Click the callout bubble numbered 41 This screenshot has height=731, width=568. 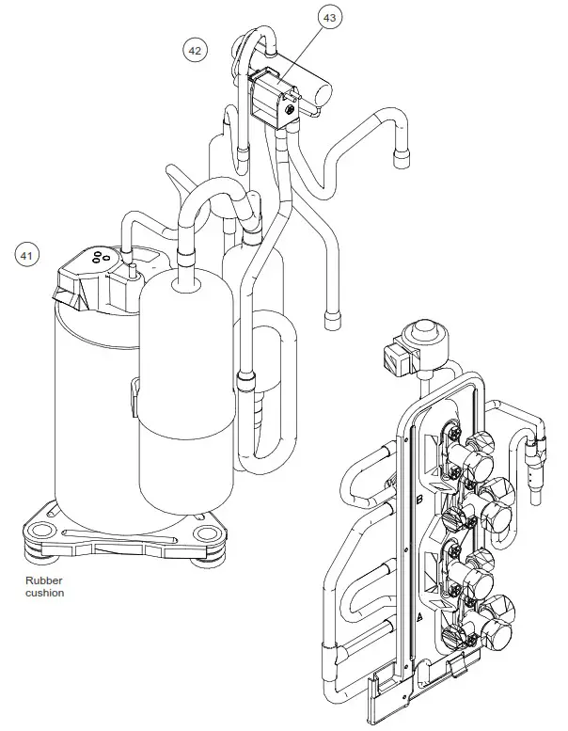click(28, 254)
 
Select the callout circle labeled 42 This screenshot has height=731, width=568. click(195, 51)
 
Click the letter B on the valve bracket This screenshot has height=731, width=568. click(418, 501)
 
